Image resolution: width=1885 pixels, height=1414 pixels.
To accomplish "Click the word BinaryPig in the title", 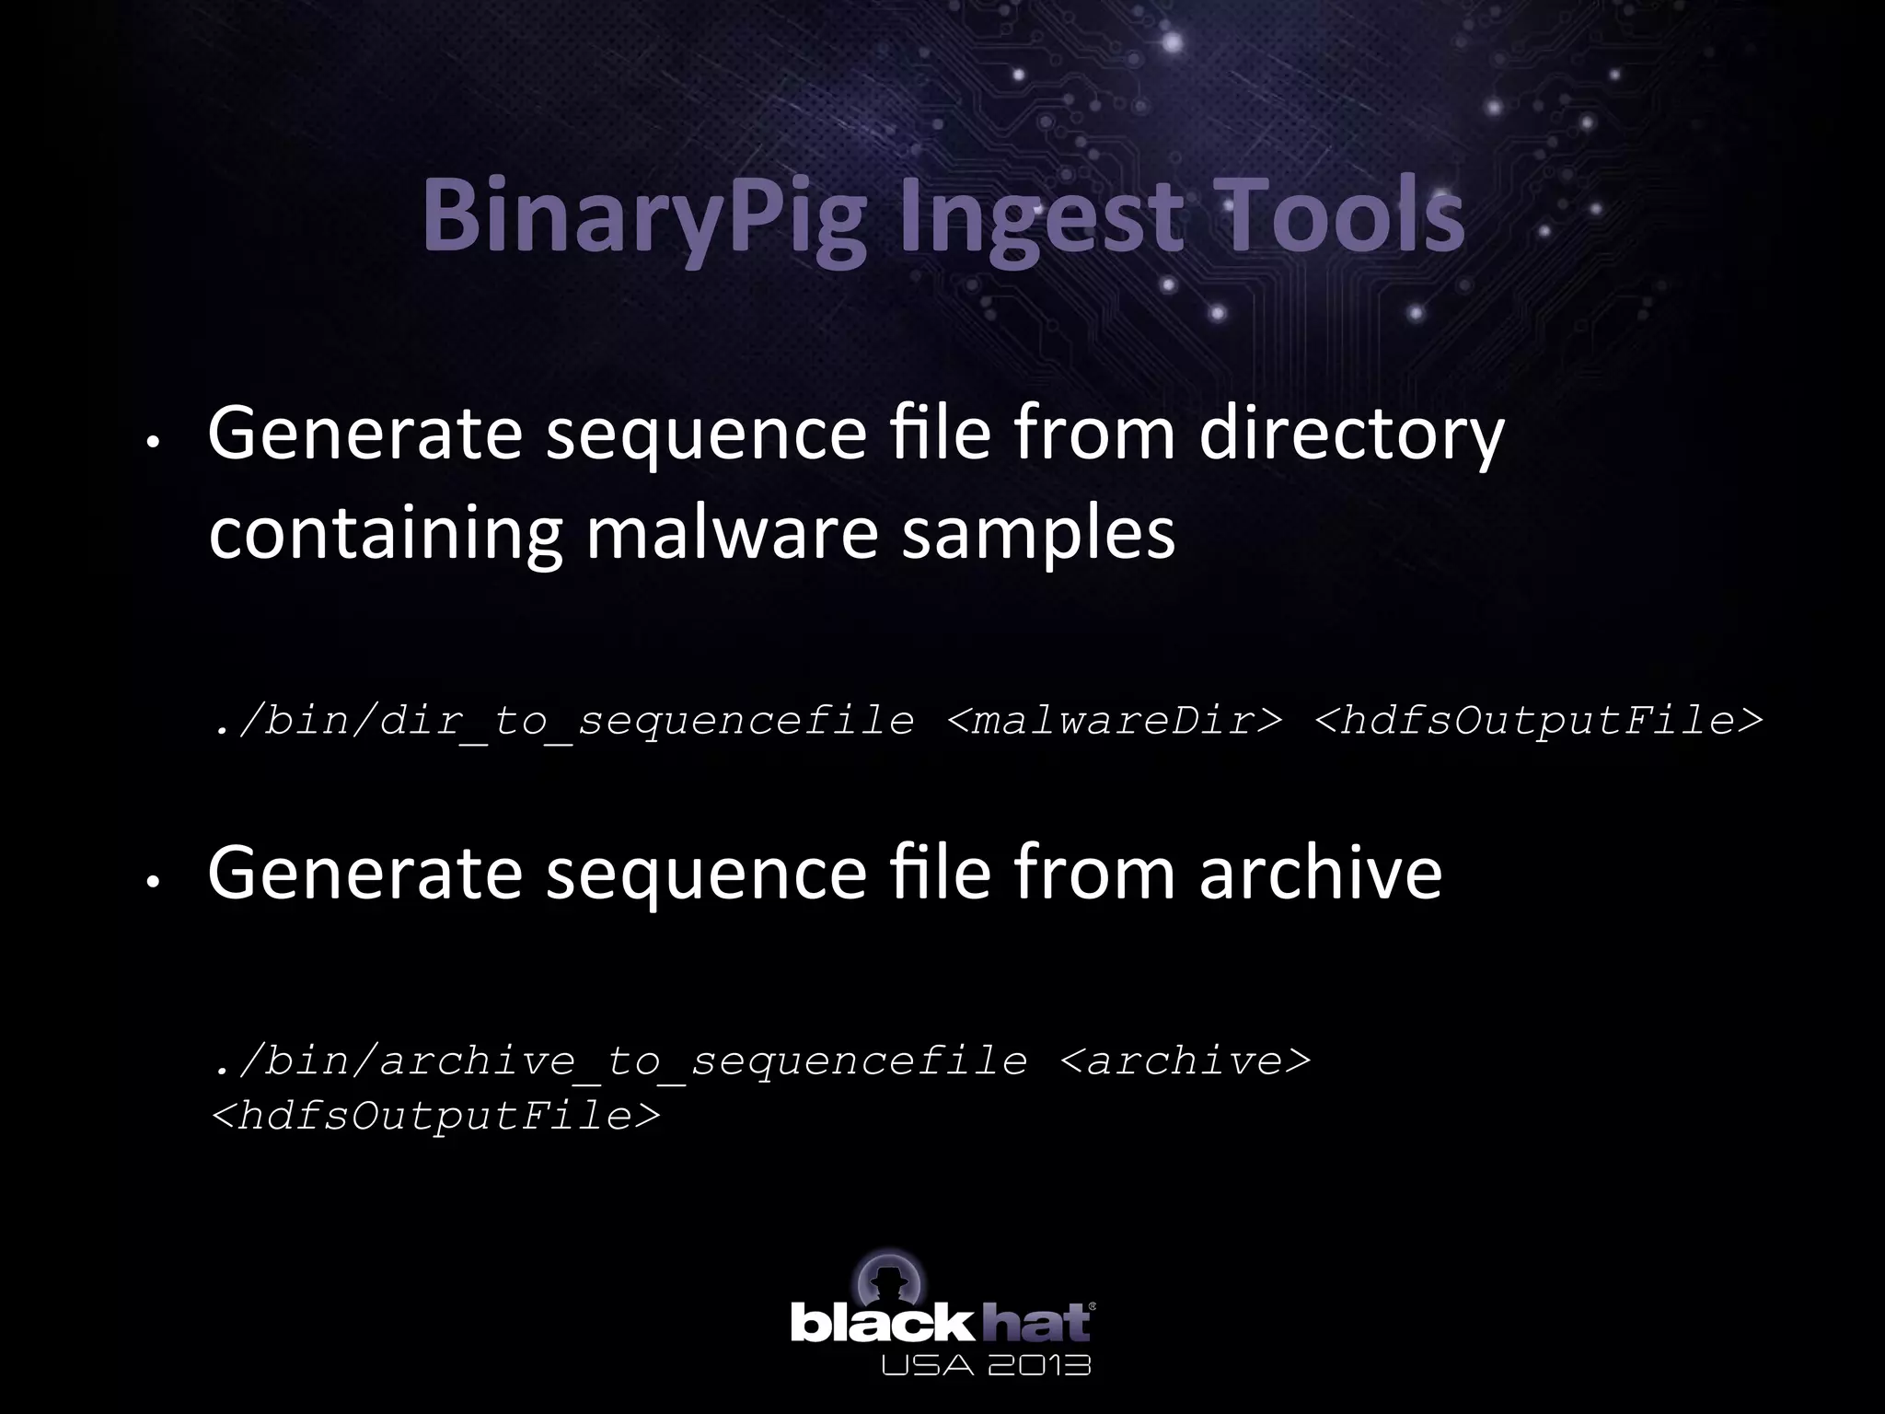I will (644, 218).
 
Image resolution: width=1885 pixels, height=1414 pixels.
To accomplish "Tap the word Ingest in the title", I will (1041, 218).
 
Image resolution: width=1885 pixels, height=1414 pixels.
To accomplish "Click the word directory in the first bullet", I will (1352, 435).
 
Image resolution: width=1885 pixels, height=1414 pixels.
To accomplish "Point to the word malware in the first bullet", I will (732, 534).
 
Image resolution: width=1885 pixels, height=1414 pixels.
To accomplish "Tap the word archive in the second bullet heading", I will (1320, 873).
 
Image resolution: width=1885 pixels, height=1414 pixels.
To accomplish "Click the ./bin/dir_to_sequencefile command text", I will (563, 721).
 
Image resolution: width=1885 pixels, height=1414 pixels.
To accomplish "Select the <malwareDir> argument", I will (1114, 720).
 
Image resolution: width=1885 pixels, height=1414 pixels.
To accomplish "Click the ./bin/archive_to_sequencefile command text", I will (619, 1060).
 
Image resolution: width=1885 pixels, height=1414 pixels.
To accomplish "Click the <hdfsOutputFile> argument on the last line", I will (435, 1116).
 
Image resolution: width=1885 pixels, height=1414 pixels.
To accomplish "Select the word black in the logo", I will (881, 1325).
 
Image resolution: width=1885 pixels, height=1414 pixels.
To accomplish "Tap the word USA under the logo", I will (921, 1364).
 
